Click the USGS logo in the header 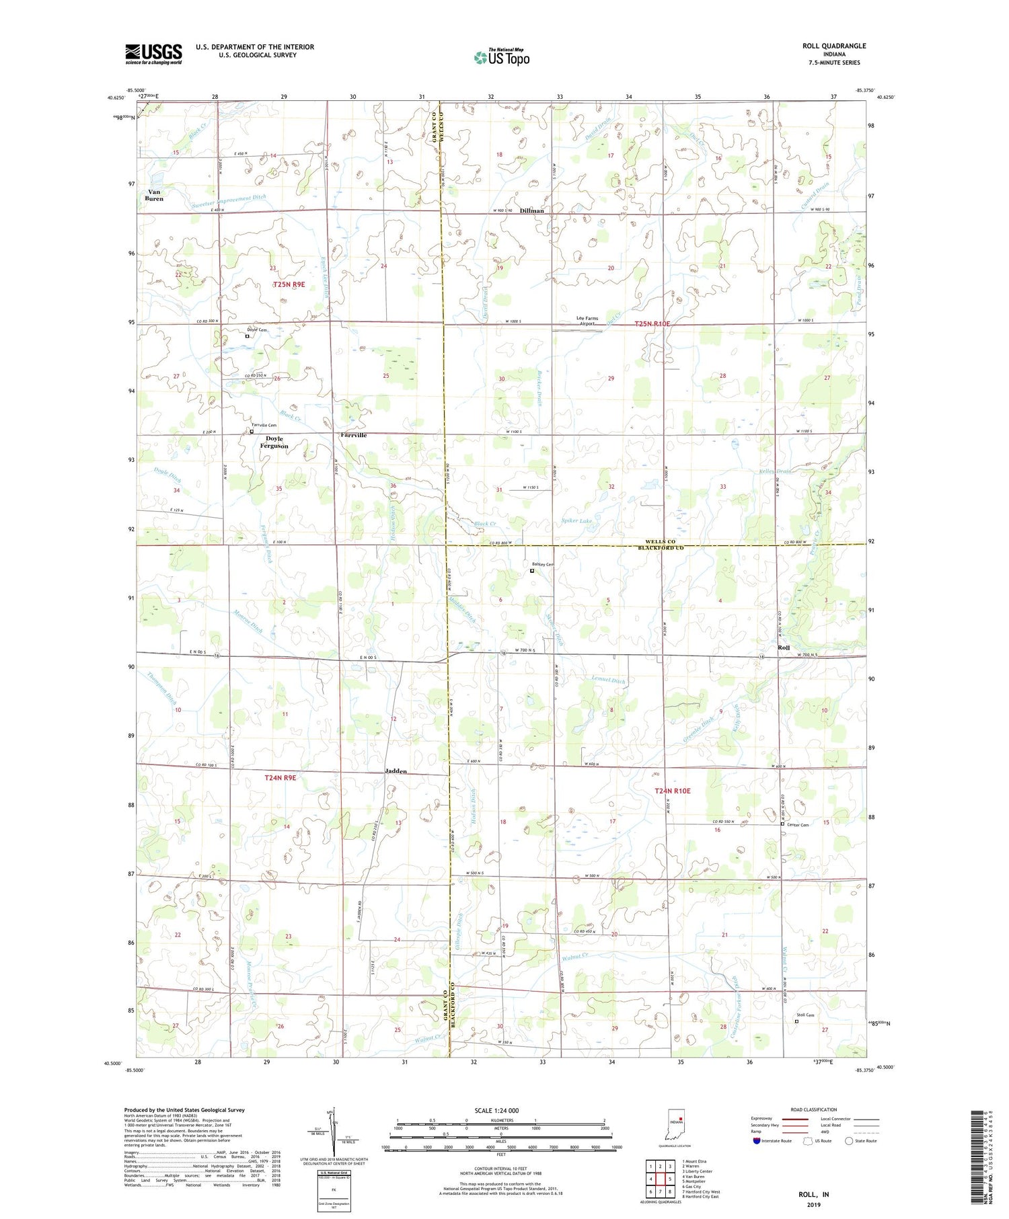153,53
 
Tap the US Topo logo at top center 502,57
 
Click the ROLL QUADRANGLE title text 833,46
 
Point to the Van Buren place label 154,196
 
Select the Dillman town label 531,210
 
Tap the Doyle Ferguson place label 274,442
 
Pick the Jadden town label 396,771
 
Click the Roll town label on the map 783,647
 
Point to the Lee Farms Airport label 587,321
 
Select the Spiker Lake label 576,521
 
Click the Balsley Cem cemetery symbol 532,571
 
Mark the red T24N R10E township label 673,791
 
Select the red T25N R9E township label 289,284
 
